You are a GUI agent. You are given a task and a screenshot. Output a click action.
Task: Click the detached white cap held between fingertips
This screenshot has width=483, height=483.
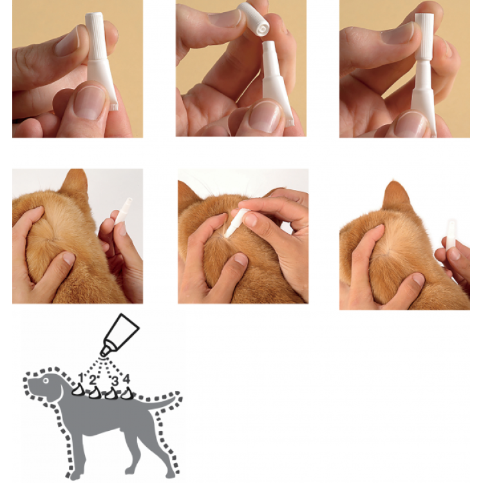tap(254, 20)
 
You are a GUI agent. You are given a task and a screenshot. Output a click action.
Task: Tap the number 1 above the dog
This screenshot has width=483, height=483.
tap(81, 378)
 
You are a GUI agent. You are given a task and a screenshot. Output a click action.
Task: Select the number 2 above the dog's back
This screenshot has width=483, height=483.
tap(92, 381)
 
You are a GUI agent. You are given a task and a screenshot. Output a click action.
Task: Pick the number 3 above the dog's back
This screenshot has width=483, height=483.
tap(115, 381)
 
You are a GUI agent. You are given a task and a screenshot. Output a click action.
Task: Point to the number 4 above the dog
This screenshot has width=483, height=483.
tap(126, 379)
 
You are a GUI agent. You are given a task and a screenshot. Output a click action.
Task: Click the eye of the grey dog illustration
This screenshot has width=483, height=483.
tap(46, 381)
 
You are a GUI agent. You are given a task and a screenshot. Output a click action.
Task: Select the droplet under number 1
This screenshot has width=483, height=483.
tap(78, 390)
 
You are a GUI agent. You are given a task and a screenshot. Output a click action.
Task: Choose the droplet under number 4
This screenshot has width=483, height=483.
tap(128, 393)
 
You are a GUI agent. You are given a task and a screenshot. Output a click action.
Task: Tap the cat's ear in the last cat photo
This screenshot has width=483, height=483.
tap(397, 196)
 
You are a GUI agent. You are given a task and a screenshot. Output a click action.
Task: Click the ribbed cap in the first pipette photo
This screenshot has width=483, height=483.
tap(97, 36)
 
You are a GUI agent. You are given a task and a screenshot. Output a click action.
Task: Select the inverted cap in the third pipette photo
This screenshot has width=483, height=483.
tap(424, 36)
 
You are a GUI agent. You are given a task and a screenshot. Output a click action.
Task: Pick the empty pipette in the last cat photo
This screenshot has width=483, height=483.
tap(451, 234)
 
